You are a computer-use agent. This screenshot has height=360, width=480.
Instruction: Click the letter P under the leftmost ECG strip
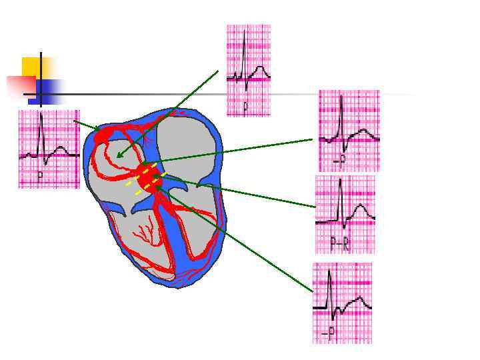40,177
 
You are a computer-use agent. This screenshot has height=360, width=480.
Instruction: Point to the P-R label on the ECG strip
340,244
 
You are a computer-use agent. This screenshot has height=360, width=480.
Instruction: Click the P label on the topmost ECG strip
245,106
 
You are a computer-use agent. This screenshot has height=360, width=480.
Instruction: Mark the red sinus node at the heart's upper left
104,136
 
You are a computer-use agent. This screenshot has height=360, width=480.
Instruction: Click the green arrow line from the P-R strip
240,193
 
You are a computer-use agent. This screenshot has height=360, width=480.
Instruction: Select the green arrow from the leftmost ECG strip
87,125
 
